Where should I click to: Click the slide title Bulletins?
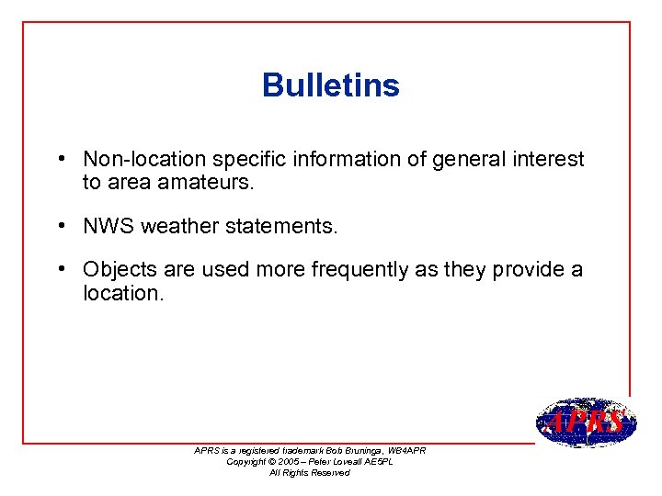coord(330,85)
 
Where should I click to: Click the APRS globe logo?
coord(585,423)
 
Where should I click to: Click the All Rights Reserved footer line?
coord(309,472)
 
